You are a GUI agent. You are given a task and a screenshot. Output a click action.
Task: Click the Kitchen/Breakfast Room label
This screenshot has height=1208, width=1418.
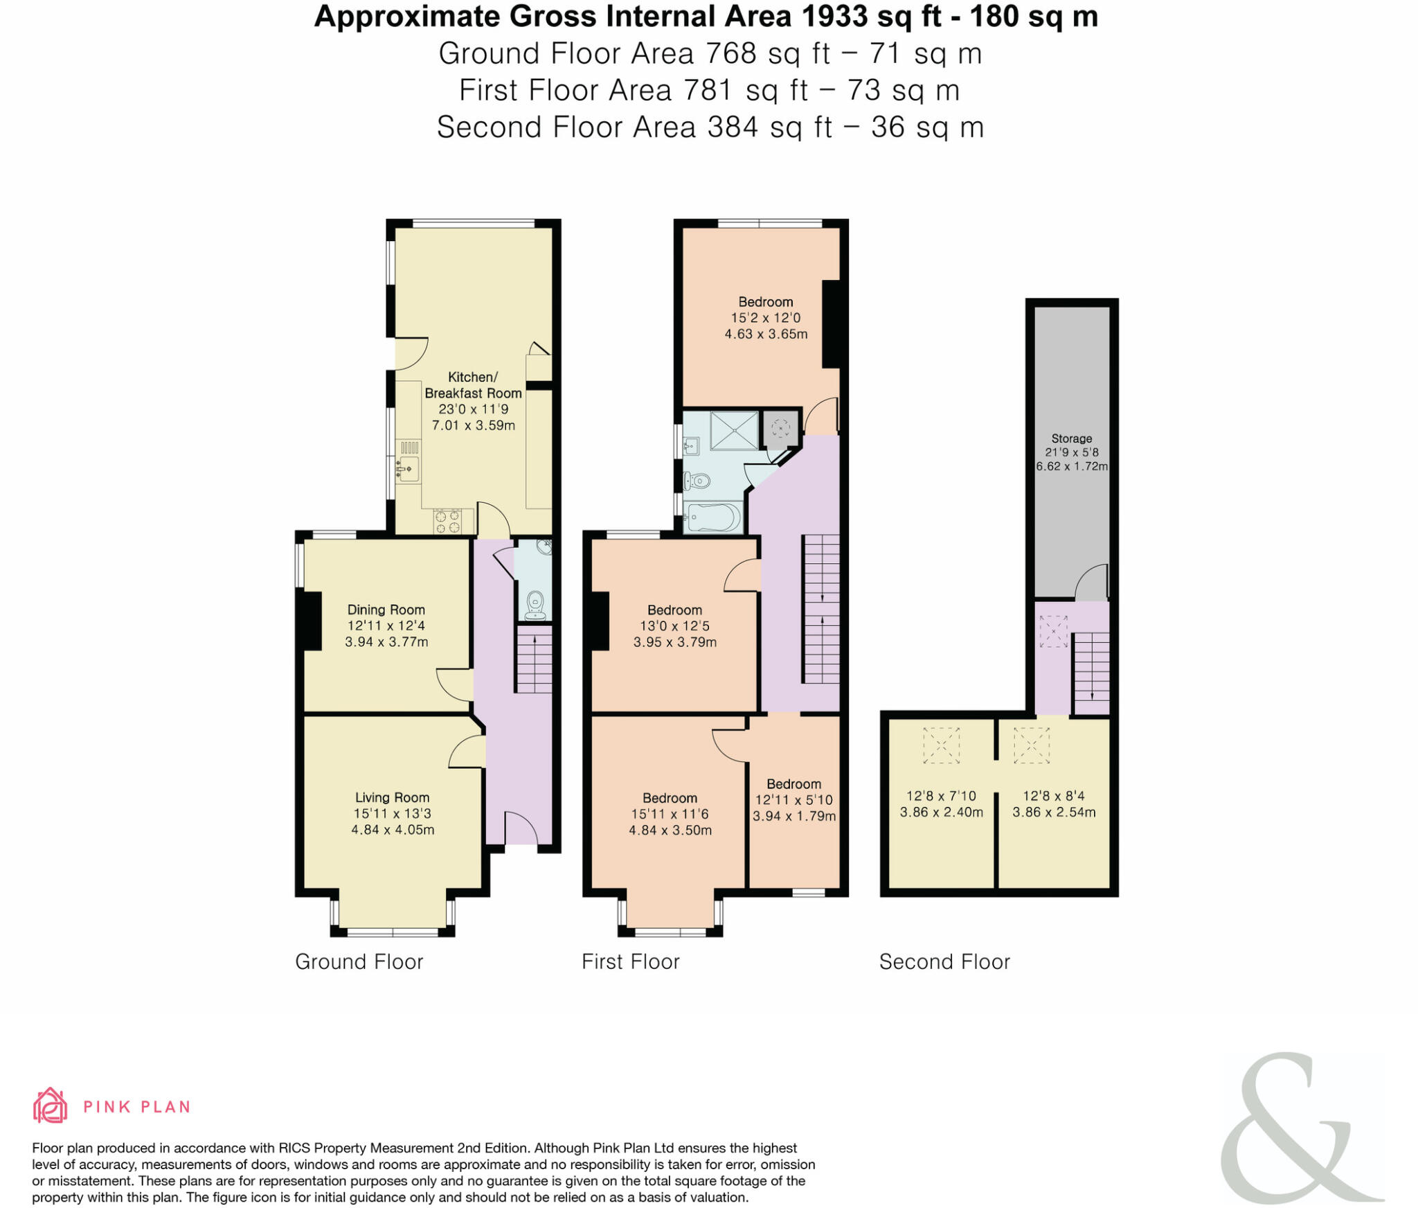coord(473,385)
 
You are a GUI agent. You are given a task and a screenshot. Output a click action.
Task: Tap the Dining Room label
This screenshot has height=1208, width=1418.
coord(386,610)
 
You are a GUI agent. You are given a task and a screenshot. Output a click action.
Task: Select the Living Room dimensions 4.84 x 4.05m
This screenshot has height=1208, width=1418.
coord(393,830)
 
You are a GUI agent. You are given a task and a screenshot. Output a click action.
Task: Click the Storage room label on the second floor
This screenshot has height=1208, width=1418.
coord(1071,438)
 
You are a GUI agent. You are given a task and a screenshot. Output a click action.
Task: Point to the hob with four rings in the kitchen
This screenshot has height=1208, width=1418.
coord(447,522)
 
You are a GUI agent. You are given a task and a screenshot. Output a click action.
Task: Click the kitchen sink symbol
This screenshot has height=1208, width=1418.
coord(408,469)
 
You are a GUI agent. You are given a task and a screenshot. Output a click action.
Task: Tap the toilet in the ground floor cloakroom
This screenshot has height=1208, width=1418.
coord(535,604)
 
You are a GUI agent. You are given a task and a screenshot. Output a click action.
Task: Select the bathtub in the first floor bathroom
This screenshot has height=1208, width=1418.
coord(713,517)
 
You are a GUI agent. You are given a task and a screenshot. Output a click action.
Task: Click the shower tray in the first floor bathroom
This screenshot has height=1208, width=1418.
coord(734,430)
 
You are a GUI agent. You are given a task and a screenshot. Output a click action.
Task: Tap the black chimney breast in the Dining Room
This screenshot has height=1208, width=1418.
coord(309,621)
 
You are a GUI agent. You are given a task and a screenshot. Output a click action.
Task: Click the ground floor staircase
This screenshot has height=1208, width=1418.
coord(534,658)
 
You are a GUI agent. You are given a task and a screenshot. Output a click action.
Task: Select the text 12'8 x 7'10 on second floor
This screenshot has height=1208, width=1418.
coord(941,796)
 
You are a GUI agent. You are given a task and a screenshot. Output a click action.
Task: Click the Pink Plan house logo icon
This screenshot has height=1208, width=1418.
coord(50,1106)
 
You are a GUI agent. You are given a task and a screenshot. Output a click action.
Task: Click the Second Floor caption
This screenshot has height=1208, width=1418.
coord(944,961)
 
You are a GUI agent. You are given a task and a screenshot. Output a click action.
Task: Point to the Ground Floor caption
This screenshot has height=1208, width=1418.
coord(359,961)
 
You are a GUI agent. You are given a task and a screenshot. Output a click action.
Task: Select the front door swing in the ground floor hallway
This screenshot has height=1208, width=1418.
coord(521,828)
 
